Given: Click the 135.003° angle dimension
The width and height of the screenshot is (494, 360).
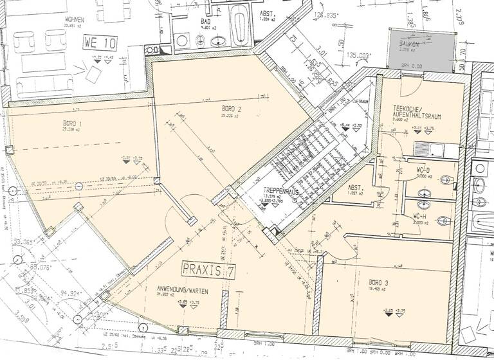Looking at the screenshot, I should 359,56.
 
